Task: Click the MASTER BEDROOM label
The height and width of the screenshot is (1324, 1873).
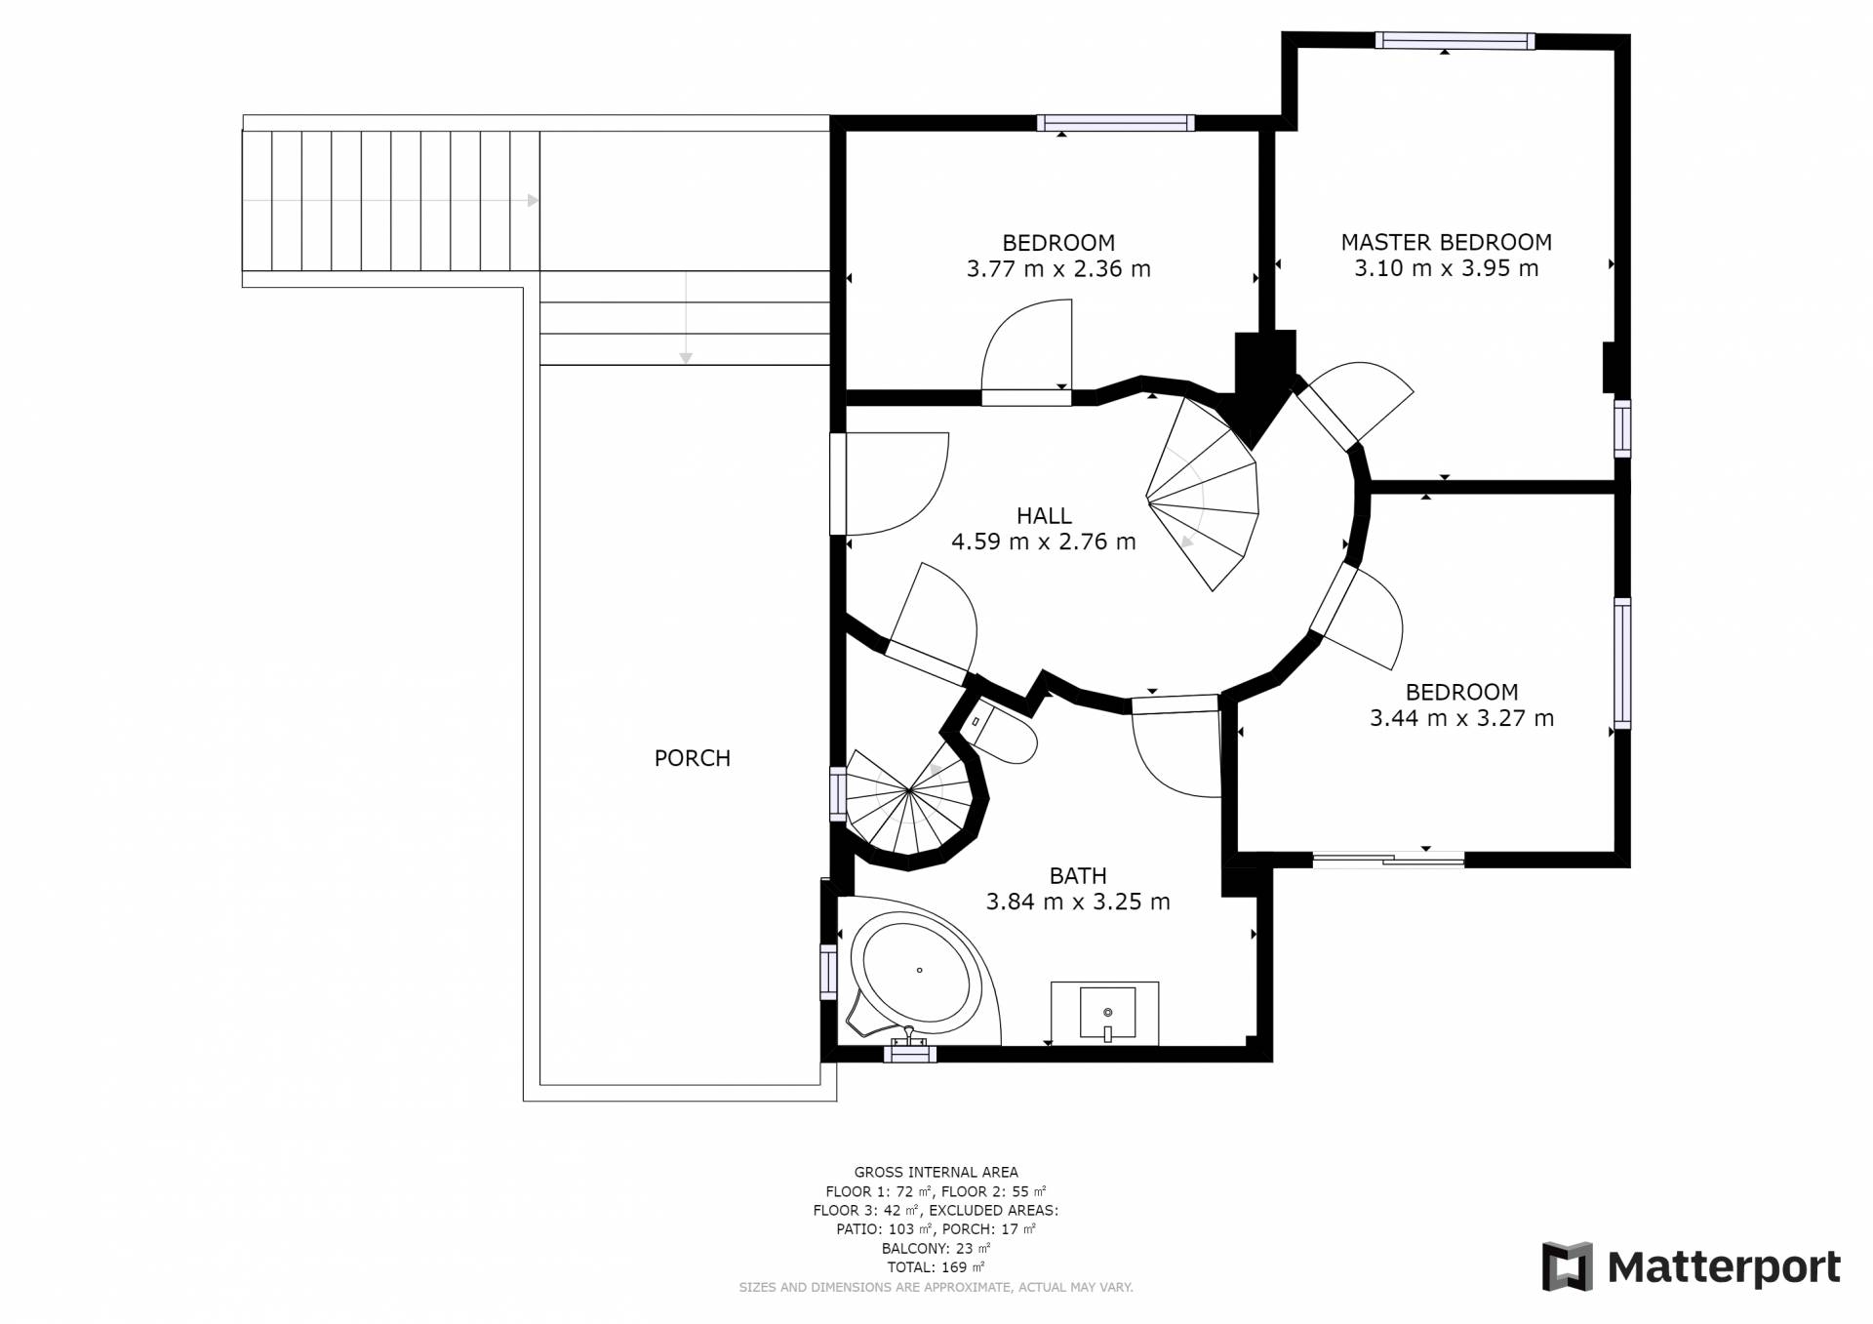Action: click(1446, 242)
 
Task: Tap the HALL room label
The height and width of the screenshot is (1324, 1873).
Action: click(1044, 515)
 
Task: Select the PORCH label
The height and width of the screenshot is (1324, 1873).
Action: click(692, 758)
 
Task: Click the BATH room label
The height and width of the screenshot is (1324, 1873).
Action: click(1078, 876)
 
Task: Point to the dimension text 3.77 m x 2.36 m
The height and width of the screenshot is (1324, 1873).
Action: click(1058, 268)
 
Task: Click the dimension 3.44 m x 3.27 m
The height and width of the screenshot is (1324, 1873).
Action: click(1461, 718)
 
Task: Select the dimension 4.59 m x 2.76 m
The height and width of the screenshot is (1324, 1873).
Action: click(1044, 542)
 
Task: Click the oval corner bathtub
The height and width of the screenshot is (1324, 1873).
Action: click(917, 971)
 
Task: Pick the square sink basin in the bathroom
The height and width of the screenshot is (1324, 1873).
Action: click(1107, 1013)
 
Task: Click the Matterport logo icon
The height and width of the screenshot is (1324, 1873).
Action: click(1567, 1266)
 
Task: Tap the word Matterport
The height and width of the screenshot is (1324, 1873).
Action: click(1724, 1267)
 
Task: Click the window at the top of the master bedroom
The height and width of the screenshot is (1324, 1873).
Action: click(1455, 41)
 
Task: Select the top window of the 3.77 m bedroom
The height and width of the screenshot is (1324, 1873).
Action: click(1115, 123)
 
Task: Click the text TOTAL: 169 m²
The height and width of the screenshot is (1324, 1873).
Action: click(936, 1267)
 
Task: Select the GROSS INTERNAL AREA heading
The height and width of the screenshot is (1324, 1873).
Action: click(936, 1172)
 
